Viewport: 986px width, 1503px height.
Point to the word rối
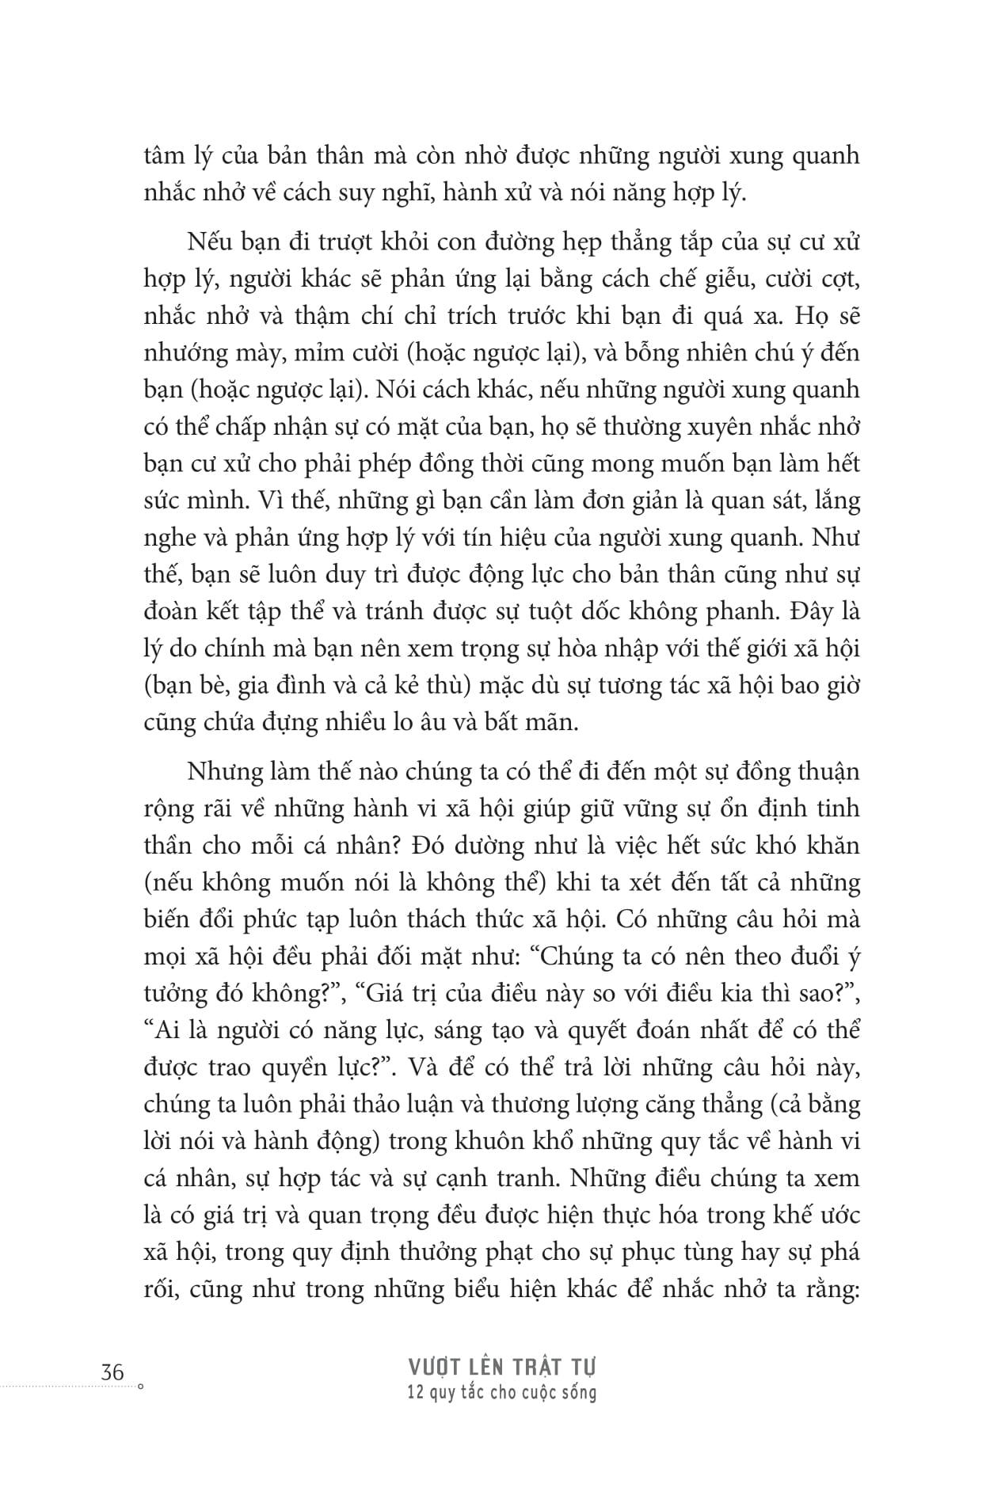(x=161, y=1289)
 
